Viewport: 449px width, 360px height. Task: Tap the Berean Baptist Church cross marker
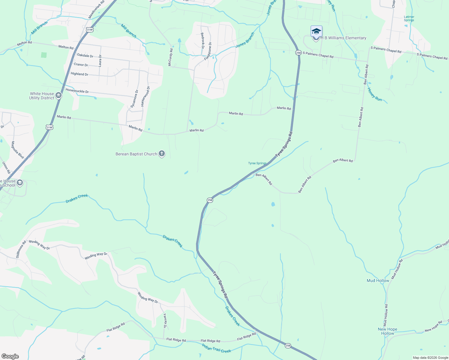[x=162, y=154]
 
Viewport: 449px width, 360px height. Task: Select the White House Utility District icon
[x=59, y=96]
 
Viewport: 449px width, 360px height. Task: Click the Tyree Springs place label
[x=257, y=163]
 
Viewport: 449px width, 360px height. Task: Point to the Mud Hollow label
[x=378, y=281]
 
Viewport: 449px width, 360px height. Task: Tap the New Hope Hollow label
[x=387, y=331]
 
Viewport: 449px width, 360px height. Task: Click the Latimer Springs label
[x=409, y=19]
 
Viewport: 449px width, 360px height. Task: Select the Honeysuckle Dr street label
[x=77, y=91]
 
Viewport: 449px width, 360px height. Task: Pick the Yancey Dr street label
[x=165, y=320]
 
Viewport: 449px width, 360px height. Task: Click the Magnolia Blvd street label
[x=17, y=150]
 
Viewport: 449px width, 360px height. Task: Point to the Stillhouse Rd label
[x=21, y=249]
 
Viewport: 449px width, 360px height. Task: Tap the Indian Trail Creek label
[x=216, y=349]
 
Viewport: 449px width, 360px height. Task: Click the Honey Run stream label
[x=375, y=94]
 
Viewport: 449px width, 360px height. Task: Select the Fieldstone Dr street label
[x=208, y=51]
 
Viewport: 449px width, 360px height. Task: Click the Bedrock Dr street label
[x=202, y=39]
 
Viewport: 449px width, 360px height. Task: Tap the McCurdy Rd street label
[x=170, y=57]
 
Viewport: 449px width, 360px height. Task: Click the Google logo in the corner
[x=10, y=356]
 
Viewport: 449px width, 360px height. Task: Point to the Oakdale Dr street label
[x=85, y=55]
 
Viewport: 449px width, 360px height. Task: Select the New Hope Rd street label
[x=433, y=326]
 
